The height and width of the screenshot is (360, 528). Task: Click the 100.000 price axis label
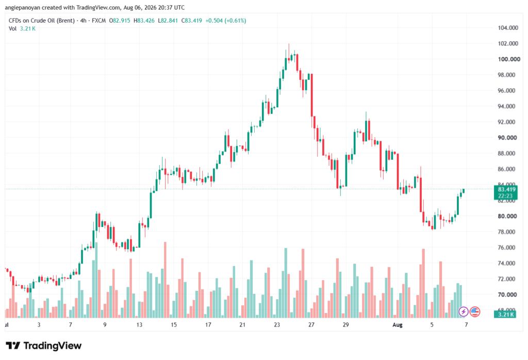[509, 59]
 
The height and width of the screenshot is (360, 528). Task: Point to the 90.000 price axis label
[507, 138]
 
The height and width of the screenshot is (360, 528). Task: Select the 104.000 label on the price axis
[508, 28]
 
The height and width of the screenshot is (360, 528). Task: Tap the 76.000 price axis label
[506, 248]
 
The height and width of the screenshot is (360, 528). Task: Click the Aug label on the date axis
[398, 325]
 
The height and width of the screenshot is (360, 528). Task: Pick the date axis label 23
[277, 325]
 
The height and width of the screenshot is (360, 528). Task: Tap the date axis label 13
[139, 325]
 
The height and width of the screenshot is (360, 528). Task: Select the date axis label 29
[345, 325]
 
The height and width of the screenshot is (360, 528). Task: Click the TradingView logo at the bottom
[44, 346]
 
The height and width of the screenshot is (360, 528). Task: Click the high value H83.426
[144, 21]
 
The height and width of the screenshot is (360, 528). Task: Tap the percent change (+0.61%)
[235, 21]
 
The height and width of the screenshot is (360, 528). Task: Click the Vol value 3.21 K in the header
[28, 29]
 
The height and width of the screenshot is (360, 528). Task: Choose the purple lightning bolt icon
[464, 312]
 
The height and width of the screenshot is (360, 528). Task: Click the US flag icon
[475, 312]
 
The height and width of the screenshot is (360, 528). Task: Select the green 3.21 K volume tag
[505, 315]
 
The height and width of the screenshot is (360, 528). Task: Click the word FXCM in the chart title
[98, 21]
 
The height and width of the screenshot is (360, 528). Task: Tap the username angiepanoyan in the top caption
[23, 8]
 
